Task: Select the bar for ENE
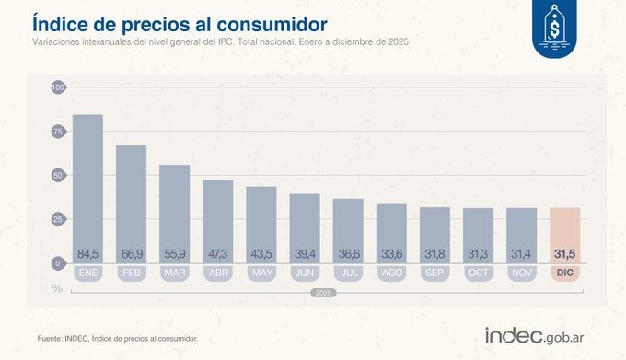87,184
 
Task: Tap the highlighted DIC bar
564,235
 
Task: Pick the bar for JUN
305,226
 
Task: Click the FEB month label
131,273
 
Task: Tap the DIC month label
564,273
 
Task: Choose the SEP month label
435,273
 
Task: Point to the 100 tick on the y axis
58,87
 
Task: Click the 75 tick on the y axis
58,132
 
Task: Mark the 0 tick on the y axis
58,263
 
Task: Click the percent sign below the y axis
57,288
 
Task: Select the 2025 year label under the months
323,292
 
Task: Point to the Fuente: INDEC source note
118,338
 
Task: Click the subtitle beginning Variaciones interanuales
220,42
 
